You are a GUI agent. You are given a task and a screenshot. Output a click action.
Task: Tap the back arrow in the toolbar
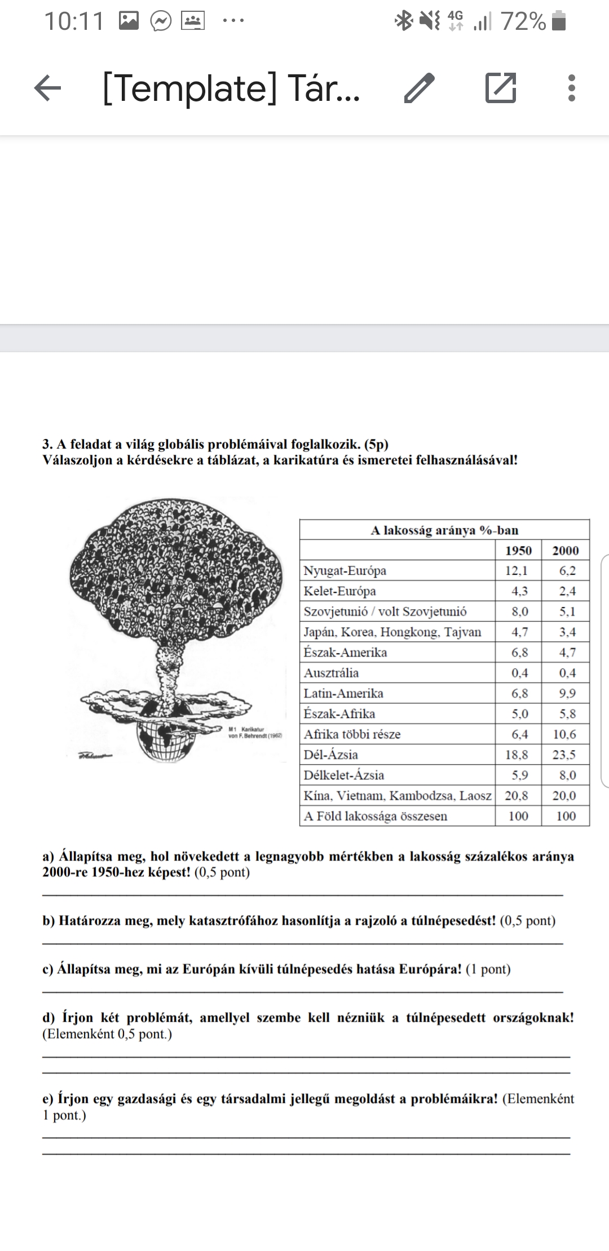click(48, 88)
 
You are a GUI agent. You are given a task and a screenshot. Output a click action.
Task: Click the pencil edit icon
click(420, 88)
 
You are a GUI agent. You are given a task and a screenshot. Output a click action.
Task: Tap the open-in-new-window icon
click(501, 88)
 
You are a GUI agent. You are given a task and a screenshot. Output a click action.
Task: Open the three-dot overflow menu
click(572, 88)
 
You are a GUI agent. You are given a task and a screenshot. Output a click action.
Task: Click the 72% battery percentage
click(523, 22)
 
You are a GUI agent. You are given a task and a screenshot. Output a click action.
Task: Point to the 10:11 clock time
click(74, 22)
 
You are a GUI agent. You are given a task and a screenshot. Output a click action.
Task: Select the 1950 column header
click(518, 551)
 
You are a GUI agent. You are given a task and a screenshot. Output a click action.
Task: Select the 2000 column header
click(565, 551)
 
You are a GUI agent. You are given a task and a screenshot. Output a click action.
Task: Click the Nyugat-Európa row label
click(345, 571)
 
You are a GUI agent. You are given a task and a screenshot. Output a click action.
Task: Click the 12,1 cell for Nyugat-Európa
click(517, 571)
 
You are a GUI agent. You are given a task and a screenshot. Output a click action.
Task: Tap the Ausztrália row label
click(332, 673)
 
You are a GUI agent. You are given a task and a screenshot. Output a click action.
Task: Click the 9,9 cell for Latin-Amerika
click(567, 693)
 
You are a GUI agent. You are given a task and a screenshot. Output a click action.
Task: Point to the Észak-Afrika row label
click(339, 714)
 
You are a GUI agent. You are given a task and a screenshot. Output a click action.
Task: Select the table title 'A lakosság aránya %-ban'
click(444, 530)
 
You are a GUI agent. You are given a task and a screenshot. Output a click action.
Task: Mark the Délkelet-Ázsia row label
click(344, 775)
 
